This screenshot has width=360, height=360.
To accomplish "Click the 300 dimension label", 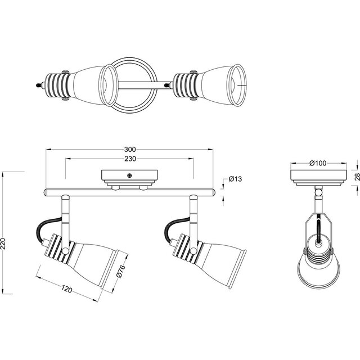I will pos(129,150).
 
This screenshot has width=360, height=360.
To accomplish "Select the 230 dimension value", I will pos(129,159).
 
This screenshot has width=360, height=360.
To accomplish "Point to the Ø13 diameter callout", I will pos(235,179).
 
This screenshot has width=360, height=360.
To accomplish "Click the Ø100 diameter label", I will pos(318,163).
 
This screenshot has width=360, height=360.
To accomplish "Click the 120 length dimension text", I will pos(67,290).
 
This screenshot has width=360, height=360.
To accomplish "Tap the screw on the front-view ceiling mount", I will pos(129,175).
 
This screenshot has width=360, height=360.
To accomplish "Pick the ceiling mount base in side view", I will pos(318,176).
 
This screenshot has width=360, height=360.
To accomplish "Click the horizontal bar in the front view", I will pos(129,192).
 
